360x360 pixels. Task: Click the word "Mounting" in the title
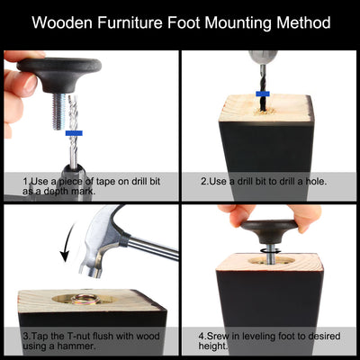238,23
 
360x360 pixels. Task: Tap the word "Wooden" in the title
62,22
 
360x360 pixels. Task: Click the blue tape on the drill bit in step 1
74,133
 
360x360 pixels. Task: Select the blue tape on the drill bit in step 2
263,94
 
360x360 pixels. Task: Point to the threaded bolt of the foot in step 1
59,111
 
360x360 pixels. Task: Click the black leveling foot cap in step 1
59,74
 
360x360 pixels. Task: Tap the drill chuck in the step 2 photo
263,58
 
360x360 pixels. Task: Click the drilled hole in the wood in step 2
264,112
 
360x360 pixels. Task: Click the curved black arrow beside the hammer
67,240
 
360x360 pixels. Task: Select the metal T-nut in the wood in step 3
85,299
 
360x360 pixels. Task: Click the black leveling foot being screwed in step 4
269,230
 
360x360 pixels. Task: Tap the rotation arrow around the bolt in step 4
269,251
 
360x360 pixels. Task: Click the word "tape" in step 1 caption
112,182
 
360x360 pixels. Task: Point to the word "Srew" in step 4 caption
217,336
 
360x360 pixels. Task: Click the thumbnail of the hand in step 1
31,85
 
